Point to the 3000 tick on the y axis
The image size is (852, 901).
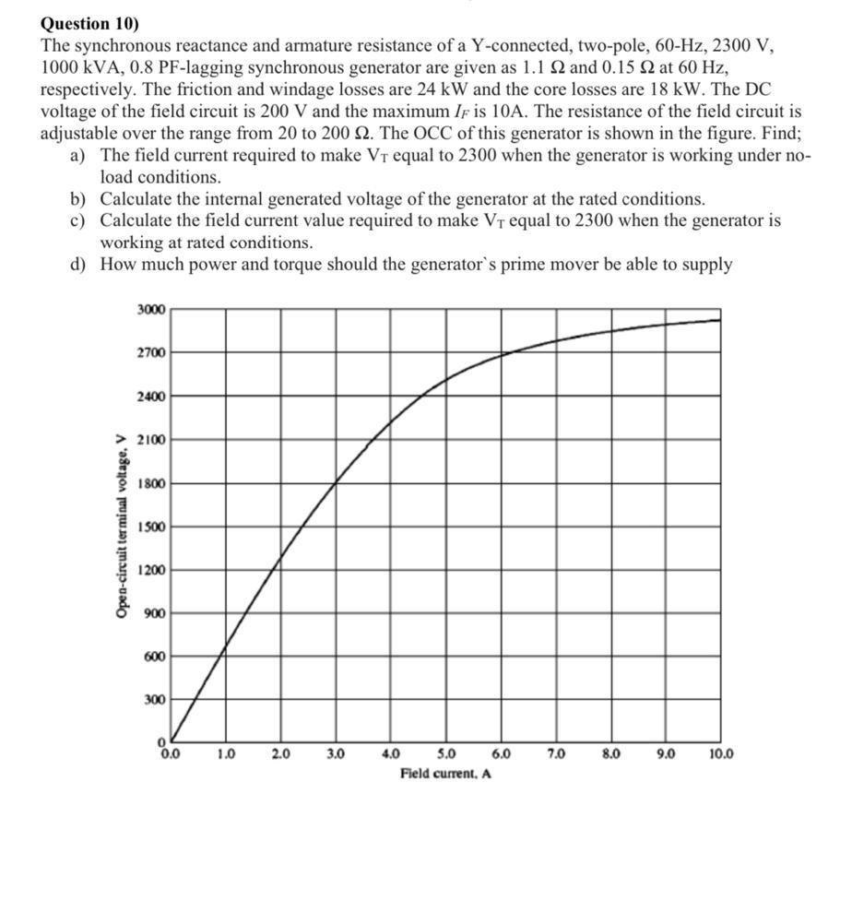click(x=151, y=310)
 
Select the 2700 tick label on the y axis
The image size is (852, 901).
click(x=151, y=353)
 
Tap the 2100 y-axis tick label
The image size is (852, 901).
click(x=151, y=440)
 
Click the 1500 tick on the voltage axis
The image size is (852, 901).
click(x=151, y=527)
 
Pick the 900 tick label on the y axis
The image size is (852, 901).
click(x=154, y=613)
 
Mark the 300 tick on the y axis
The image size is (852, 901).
click(x=154, y=700)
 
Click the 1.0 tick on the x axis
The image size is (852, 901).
click(x=225, y=753)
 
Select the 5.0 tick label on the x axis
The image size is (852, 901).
click(x=445, y=753)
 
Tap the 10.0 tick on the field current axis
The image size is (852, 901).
click(x=721, y=753)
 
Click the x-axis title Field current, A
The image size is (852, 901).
click(x=445, y=773)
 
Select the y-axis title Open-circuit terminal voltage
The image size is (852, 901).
click(x=121, y=526)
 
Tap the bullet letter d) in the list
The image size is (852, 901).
click(x=77, y=266)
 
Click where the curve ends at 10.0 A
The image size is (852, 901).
click(x=720, y=320)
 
